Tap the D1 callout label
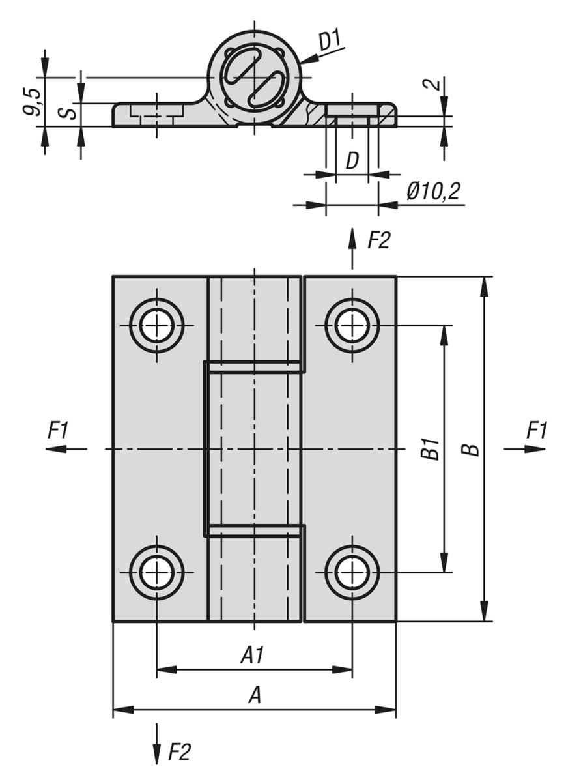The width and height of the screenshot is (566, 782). pyautogui.click(x=330, y=41)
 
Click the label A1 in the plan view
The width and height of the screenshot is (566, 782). pyautogui.click(x=254, y=655)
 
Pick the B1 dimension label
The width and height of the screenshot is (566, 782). pyautogui.click(x=429, y=449)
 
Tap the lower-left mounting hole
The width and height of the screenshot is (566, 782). pyautogui.click(x=156, y=573)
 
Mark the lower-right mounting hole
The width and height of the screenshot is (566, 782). pyautogui.click(x=352, y=573)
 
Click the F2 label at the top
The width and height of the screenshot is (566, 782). pyautogui.click(x=379, y=240)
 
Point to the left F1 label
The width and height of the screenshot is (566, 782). pyautogui.click(x=58, y=430)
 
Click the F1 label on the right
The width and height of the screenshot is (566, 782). pyautogui.click(x=537, y=430)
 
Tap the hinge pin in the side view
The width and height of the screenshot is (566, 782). pyautogui.click(x=254, y=78)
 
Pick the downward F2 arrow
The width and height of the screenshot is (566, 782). pyautogui.click(x=157, y=743)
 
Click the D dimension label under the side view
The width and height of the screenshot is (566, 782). pyautogui.click(x=352, y=160)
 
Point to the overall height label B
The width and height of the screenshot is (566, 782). pyautogui.click(x=474, y=449)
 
